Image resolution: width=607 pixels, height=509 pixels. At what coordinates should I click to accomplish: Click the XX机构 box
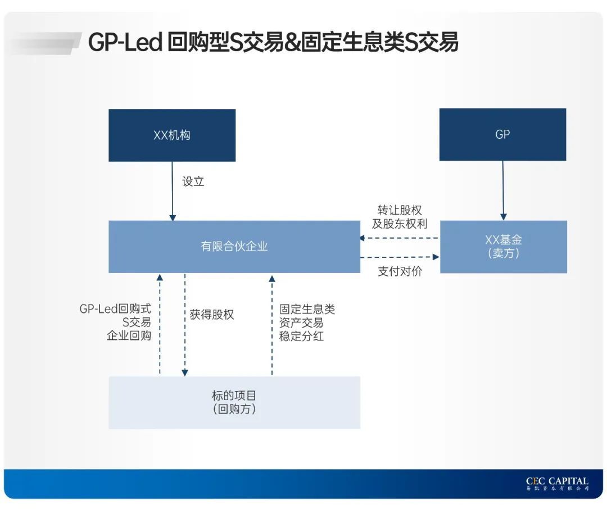172,135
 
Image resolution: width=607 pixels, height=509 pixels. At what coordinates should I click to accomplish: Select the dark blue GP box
502,135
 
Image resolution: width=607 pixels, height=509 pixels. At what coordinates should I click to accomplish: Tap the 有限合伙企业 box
234,247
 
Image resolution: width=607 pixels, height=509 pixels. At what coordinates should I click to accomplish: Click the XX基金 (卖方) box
503,247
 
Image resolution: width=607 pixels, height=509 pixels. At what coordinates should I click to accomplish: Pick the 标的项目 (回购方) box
234,402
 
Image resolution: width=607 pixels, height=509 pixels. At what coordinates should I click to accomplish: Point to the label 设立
193,181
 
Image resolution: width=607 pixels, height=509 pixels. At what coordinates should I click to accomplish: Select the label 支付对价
400,271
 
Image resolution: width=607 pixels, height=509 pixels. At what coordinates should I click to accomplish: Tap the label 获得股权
211,315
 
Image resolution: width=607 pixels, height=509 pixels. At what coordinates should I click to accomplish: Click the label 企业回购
129,336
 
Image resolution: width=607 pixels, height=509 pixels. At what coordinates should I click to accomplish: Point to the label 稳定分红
301,337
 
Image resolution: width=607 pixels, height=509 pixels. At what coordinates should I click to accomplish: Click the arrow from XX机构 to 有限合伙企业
173,191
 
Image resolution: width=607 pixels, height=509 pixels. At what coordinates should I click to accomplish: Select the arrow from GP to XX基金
503,191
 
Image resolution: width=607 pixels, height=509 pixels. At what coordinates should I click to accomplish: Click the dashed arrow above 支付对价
400,257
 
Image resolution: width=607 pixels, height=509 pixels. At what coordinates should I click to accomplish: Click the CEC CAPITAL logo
556,484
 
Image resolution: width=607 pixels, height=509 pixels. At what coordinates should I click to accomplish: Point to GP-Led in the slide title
125,43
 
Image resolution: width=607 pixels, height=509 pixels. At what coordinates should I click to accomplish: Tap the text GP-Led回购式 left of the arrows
115,309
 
